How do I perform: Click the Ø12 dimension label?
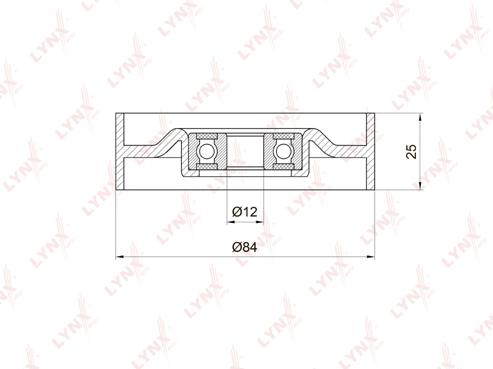pyautogui.click(x=245, y=212)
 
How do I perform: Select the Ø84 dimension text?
pyautogui.click(x=245, y=247)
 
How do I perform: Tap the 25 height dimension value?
pyautogui.click(x=411, y=152)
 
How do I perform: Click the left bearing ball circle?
pyautogui.click(x=206, y=151)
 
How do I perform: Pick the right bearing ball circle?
pyautogui.click(x=283, y=151)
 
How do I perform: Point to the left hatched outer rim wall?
pyautogui.click(x=120, y=152)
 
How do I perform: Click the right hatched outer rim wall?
pyautogui.click(x=370, y=152)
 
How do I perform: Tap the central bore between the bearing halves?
pyautogui.click(x=245, y=151)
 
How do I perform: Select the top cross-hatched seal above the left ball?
pyautogui.click(x=206, y=136)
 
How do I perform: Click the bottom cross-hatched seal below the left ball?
pyautogui.click(x=206, y=166)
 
